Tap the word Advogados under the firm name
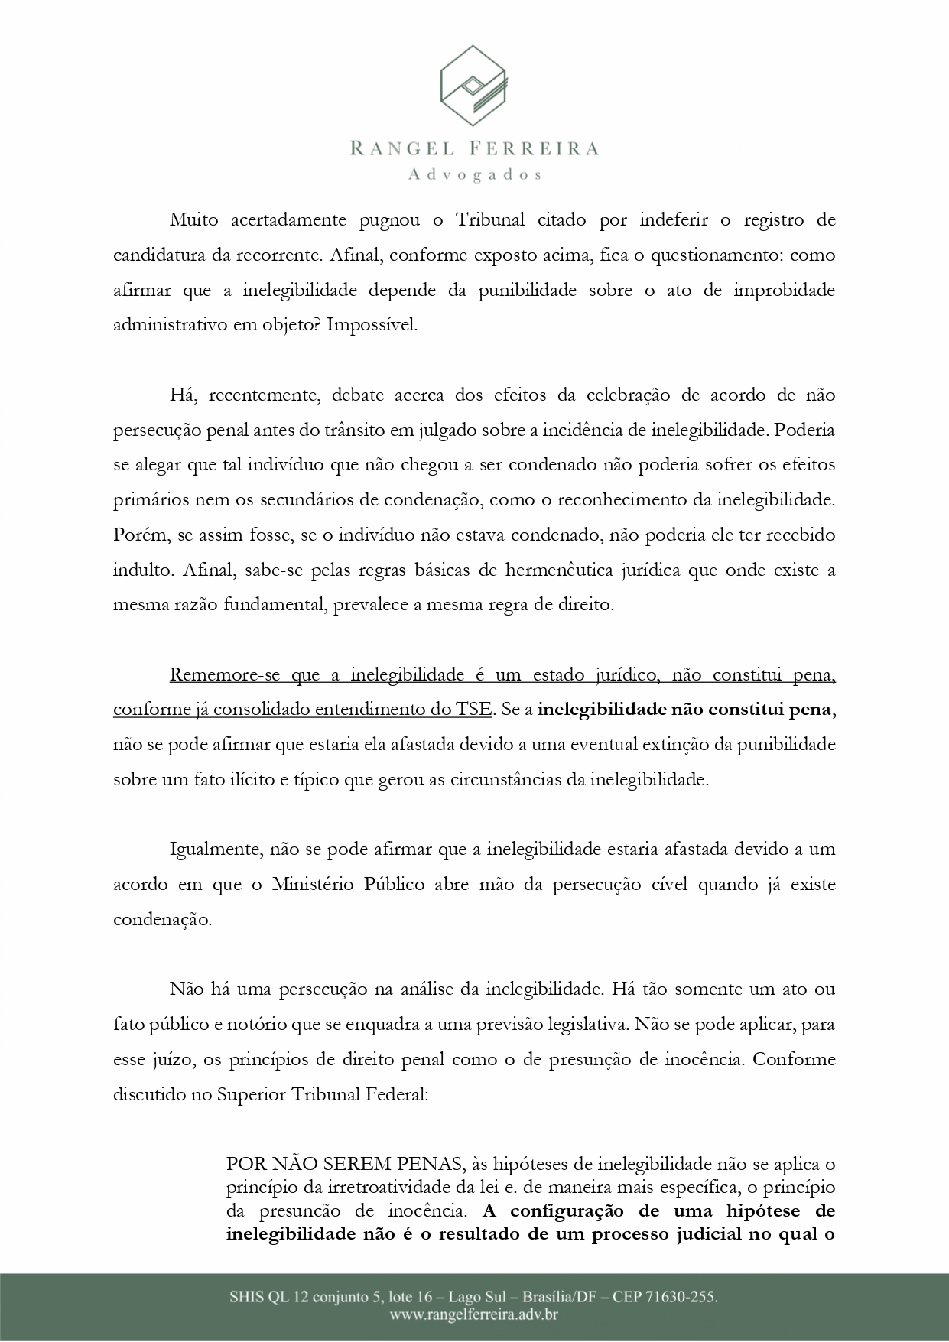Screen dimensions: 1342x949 [x=475, y=174]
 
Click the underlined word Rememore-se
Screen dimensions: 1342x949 [x=218, y=674]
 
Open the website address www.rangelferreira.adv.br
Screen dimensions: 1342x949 [x=474, y=1315]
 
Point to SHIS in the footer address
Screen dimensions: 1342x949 [x=245, y=1297]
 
